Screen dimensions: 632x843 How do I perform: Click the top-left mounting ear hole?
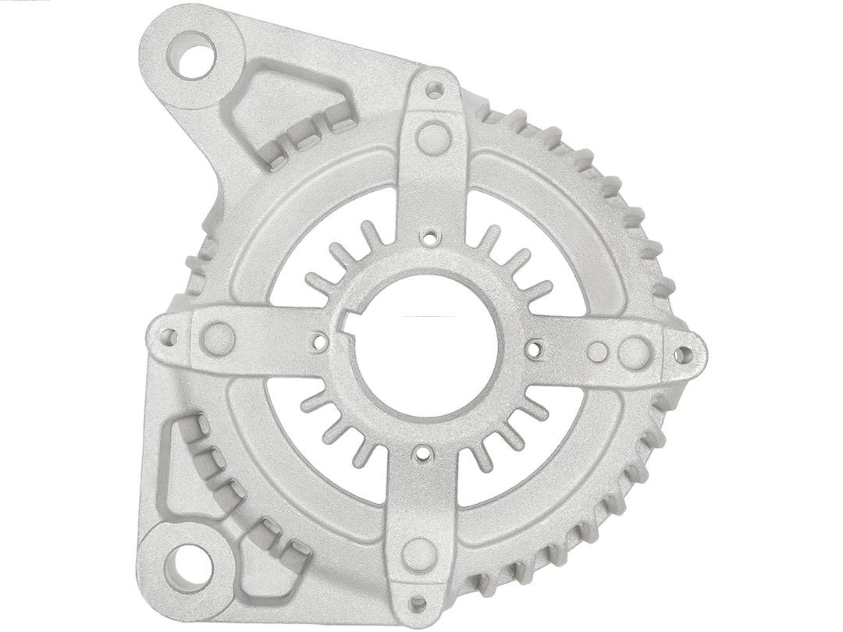point(191,55)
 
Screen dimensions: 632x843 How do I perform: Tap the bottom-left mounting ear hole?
point(187,566)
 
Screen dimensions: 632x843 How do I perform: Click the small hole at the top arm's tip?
point(435,90)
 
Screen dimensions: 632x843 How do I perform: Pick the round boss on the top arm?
point(434,138)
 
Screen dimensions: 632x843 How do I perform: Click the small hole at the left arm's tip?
point(168,337)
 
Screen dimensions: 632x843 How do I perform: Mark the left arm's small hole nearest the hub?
point(318,341)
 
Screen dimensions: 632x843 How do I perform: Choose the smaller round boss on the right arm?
point(597,352)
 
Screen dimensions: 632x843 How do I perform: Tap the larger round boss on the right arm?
point(635,353)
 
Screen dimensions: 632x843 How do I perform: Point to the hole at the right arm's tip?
point(683,355)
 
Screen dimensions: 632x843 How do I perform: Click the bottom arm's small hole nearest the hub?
point(422,453)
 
